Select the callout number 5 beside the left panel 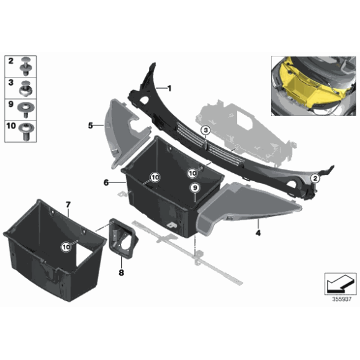point(90,125)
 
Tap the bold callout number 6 point(106,182)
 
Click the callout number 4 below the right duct point(257,234)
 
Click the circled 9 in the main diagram point(195,188)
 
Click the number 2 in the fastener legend point(11,61)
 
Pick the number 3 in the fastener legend point(11,83)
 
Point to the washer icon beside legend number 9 point(26,107)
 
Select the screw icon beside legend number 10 point(26,128)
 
